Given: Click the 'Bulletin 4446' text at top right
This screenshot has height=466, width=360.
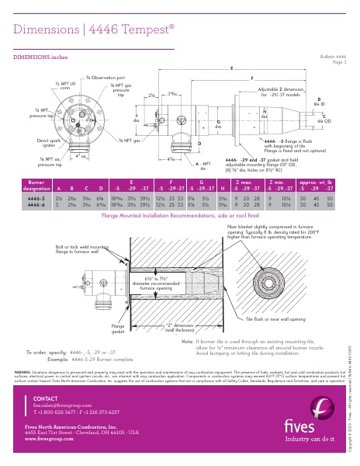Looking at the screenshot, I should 333,57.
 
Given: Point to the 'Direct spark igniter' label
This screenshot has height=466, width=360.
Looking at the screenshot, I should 26,143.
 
